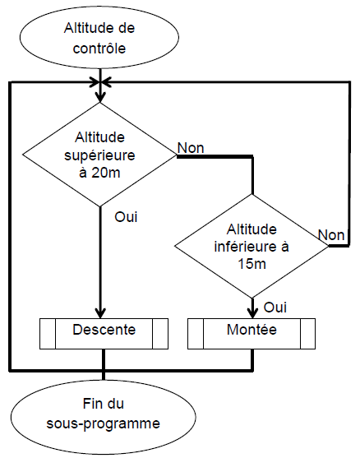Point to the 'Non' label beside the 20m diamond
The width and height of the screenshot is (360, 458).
tap(191, 148)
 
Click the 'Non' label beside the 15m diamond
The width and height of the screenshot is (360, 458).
tap(331, 235)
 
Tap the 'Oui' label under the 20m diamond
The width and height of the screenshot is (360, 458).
tap(126, 217)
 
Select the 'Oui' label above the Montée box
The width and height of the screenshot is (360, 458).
tap(275, 308)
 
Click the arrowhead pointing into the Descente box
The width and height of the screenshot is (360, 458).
tap(100, 313)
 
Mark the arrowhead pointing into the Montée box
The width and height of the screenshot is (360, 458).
tap(252, 313)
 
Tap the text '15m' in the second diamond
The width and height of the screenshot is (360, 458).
tap(252, 264)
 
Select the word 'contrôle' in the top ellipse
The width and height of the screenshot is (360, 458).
tap(99, 49)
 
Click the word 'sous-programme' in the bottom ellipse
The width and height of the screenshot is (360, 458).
tap(103, 424)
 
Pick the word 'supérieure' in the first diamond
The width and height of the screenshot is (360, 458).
tap(99, 155)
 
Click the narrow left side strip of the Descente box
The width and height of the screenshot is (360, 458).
tap(48, 334)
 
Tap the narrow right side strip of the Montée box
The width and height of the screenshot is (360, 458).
tap(307, 334)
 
